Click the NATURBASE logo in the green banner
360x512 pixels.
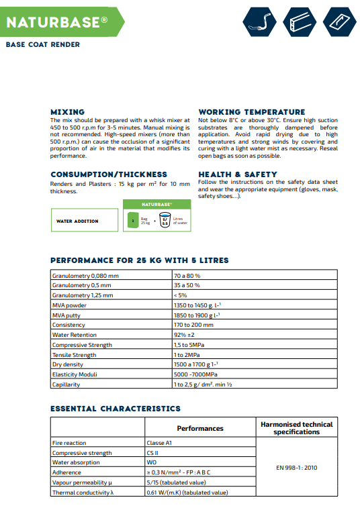57,22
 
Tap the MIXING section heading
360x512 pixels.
68,111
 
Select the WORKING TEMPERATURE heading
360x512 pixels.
251,111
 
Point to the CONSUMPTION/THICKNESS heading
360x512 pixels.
109,174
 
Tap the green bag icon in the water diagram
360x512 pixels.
134,219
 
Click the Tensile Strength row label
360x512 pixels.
74,355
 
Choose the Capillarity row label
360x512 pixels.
66,385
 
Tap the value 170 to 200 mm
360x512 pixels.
193,325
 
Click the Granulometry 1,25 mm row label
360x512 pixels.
83,295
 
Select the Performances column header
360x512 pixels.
200,428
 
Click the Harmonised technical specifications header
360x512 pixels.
296,428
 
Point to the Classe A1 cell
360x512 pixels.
160,443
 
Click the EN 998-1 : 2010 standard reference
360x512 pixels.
296,467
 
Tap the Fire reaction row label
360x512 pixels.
69,443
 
